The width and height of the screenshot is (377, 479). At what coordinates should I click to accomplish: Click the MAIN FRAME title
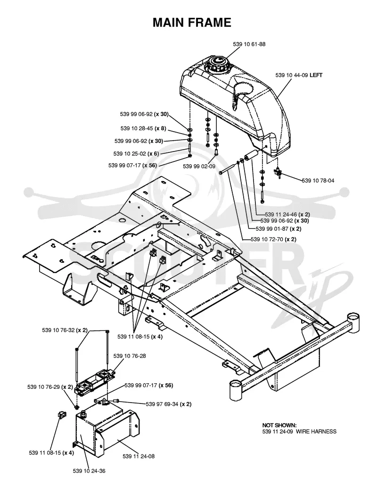point(192,23)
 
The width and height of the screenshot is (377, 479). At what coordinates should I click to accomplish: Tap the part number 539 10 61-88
point(249,44)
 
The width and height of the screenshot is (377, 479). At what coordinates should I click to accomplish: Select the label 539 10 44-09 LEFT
point(299,75)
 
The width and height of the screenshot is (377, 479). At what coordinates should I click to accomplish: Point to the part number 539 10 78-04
point(318,181)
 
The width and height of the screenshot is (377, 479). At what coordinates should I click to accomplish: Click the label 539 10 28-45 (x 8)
point(143,128)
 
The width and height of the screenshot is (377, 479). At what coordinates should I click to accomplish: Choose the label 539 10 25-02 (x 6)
point(136,154)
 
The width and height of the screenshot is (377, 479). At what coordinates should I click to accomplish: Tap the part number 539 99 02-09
point(199,167)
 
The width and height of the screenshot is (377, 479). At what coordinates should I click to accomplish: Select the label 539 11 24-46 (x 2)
point(287,214)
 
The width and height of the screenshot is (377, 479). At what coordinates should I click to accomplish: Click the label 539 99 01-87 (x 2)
point(279,229)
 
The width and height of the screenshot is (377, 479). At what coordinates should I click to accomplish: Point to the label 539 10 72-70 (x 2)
point(273,240)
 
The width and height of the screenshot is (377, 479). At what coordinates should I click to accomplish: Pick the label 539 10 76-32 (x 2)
point(65,330)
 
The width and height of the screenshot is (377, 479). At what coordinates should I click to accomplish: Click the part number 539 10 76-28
point(130,356)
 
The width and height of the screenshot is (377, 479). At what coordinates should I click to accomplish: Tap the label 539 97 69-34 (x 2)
point(169,404)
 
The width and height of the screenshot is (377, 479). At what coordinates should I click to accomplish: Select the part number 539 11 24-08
point(139,456)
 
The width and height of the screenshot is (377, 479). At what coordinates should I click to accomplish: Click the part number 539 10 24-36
point(89,471)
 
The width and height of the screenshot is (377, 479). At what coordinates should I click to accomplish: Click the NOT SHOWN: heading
point(279,425)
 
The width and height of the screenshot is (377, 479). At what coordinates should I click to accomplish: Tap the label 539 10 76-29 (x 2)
point(50,387)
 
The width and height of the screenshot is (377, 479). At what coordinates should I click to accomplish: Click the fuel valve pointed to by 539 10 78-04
point(278,173)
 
